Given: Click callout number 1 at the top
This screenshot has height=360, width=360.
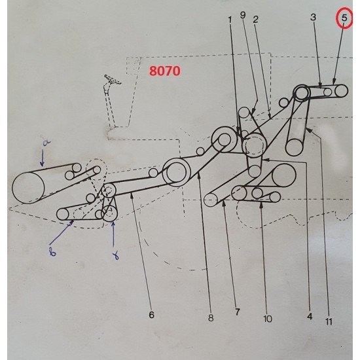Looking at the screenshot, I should pyautogui.click(x=230, y=20).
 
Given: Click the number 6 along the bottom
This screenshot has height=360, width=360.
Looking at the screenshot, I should pyautogui.click(x=152, y=315).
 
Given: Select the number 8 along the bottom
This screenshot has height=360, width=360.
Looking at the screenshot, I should pyautogui.click(x=211, y=319).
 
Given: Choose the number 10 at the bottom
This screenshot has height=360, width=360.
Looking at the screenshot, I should pyautogui.click(x=267, y=319).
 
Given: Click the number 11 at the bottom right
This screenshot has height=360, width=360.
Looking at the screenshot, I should pyautogui.click(x=328, y=321).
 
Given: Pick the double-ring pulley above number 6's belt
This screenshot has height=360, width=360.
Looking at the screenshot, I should pyautogui.click(x=177, y=172).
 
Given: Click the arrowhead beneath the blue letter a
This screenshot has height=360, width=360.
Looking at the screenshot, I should pyautogui.click(x=42, y=163).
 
